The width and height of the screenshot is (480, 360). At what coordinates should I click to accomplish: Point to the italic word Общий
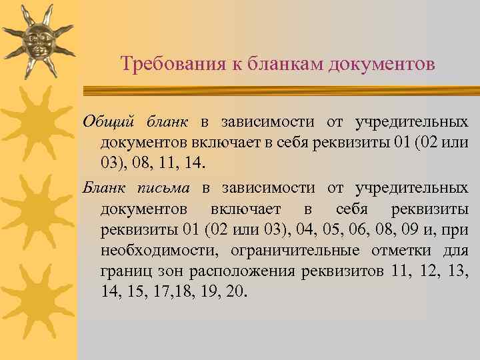[109, 123]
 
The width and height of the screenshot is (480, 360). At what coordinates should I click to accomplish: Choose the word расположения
[243, 271]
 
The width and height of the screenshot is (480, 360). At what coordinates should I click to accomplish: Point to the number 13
[459, 271]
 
